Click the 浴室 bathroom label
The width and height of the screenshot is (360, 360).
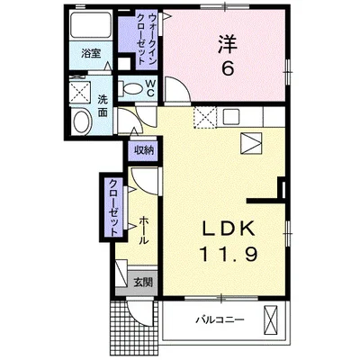[x=92, y=54]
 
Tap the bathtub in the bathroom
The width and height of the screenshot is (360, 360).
[x=90, y=25]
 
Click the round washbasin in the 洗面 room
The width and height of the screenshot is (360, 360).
[x=82, y=121]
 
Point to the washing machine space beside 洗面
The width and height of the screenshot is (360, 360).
[x=80, y=92]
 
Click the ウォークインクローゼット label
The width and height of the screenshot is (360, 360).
[x=147, y=39]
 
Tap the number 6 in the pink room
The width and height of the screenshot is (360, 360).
[x=228, y=68]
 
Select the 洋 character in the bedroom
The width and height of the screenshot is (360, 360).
[x=228, y=43]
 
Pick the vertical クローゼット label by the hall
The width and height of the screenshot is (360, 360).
[x=113, y=207]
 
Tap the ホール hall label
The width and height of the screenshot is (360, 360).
[x=143, y=230]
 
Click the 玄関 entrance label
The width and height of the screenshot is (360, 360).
[x=143, y=282]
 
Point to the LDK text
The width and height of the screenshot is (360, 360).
[x=229, y=229]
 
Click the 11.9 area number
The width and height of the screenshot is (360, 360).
[x=229, y=254]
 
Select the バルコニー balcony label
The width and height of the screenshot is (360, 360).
[x=220, y=319]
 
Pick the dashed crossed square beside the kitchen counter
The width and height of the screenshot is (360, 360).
[x=204, y=117]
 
